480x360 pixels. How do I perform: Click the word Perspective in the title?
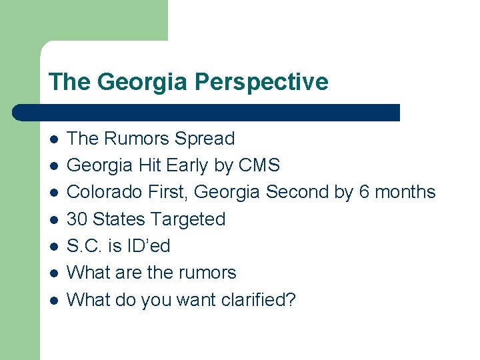(261, 82)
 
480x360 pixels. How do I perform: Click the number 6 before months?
(364, 192)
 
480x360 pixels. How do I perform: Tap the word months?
(405, 192)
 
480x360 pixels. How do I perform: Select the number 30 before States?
(77, 219)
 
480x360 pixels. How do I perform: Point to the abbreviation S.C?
(85, 246)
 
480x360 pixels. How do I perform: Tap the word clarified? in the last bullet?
(256, 300)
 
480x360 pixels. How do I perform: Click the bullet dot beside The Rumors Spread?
(53, 139)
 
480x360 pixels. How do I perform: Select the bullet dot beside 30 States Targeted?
(53, 219)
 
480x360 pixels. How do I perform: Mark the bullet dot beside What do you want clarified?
(53, 300)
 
